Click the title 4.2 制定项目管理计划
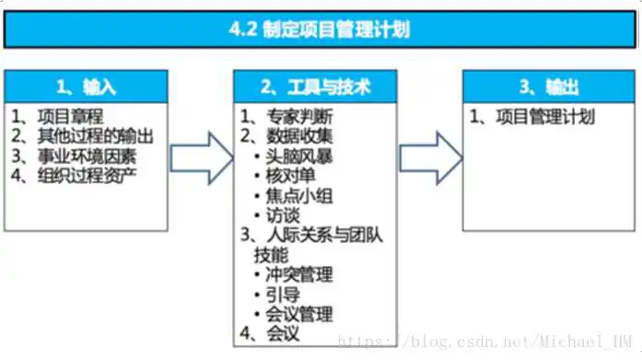tap(320, 29)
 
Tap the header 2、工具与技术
tap(316, 87)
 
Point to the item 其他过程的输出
tap(96, 135)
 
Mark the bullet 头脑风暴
tap(300, 156)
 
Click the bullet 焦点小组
tap(300, 195)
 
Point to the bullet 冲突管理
tap(300, 274)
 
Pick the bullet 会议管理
tap(300, 314)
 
